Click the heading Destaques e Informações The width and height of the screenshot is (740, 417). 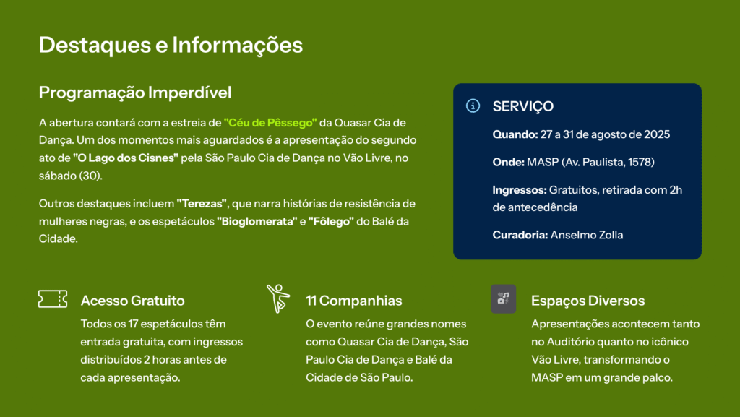171,46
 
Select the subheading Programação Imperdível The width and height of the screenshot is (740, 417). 135,93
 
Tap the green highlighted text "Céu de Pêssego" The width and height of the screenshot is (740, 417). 270,123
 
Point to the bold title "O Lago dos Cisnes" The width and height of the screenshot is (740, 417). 126,158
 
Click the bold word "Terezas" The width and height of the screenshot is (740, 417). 202,204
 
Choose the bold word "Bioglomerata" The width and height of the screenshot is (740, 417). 257,221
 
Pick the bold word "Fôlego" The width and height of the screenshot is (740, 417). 331,221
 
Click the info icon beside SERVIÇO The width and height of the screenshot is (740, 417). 473,106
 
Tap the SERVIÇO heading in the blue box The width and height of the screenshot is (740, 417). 523,106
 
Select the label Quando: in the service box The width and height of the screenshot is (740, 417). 515,134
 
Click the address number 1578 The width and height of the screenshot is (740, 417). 641,163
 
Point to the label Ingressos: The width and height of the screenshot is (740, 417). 520,190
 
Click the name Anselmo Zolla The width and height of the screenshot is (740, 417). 587,235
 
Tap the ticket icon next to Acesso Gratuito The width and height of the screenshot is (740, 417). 53,299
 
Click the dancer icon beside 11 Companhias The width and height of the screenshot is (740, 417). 278,298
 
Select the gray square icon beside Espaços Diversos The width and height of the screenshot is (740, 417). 503,298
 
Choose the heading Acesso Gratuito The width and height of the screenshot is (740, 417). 133,301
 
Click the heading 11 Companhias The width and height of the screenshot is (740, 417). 354,301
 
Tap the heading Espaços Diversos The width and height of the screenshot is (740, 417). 588,301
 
